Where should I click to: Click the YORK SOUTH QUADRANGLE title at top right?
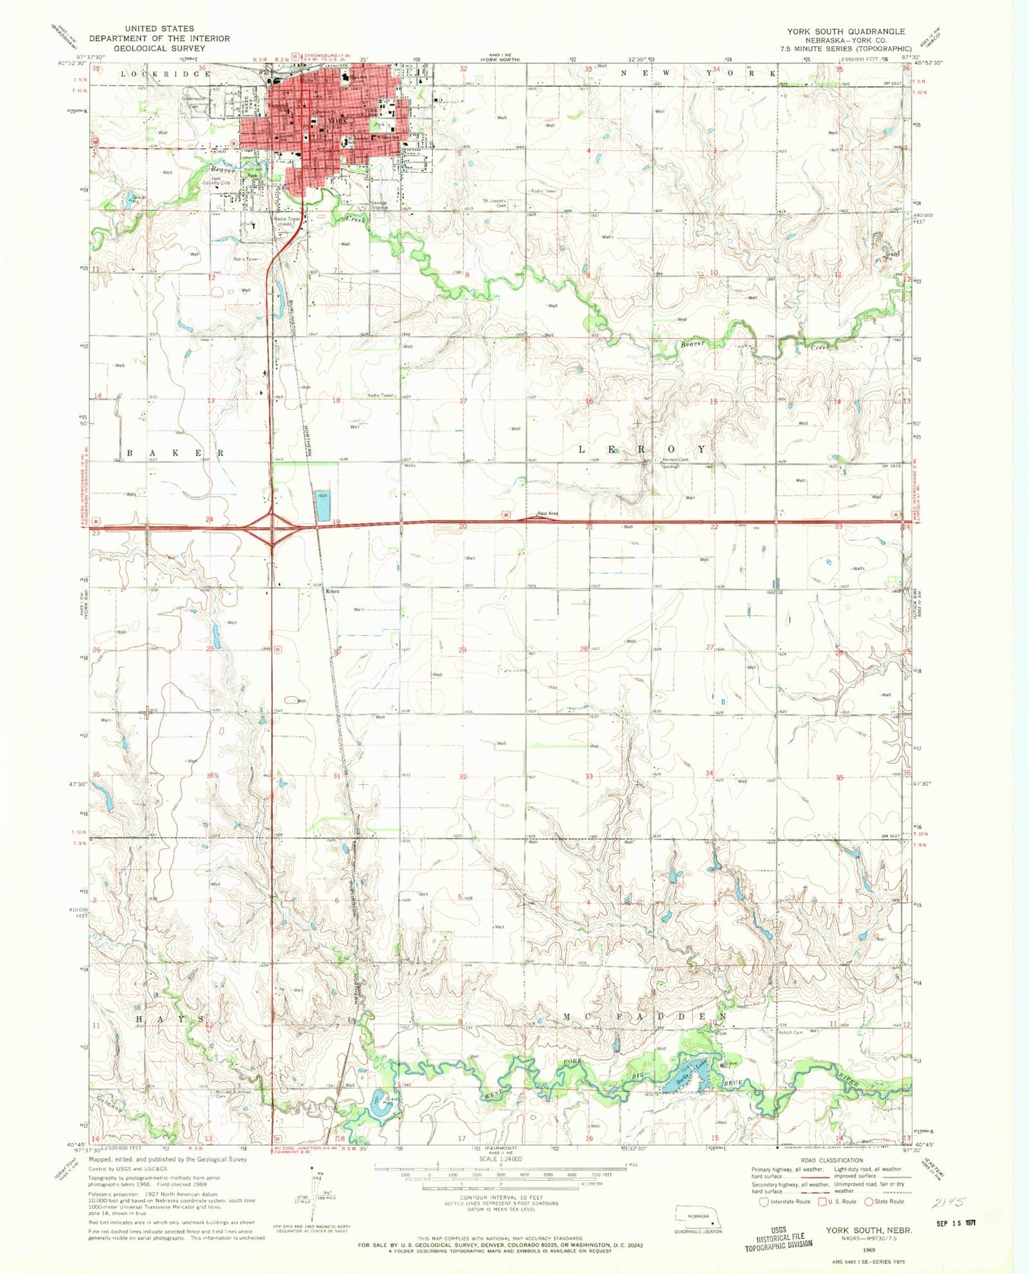pos(846,31)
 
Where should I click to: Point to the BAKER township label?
pos(176,453)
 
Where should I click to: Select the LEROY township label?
pos(643,450)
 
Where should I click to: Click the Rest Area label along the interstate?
pos(547,514)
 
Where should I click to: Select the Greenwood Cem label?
pos(194,101)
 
